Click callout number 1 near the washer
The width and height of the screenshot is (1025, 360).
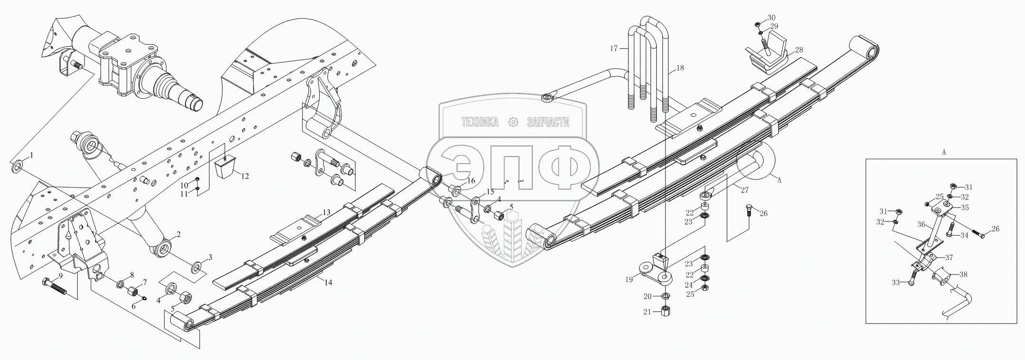[x=32, y=155]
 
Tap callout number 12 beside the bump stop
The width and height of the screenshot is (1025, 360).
[x=245, y=176]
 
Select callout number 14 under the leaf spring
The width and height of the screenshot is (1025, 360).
[x=329, y=282]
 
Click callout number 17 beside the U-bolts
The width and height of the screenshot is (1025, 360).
[x=614, y=48]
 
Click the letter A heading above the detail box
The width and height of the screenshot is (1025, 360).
[x=944, y=153]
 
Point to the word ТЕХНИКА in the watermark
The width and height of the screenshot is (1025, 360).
[x=480, y=123]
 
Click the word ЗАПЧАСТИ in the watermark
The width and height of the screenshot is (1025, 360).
[x=548, y=123]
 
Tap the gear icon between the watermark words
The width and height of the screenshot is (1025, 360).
[x=513, y=123]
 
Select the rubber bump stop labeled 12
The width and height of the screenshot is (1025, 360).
[x=225, y=166]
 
